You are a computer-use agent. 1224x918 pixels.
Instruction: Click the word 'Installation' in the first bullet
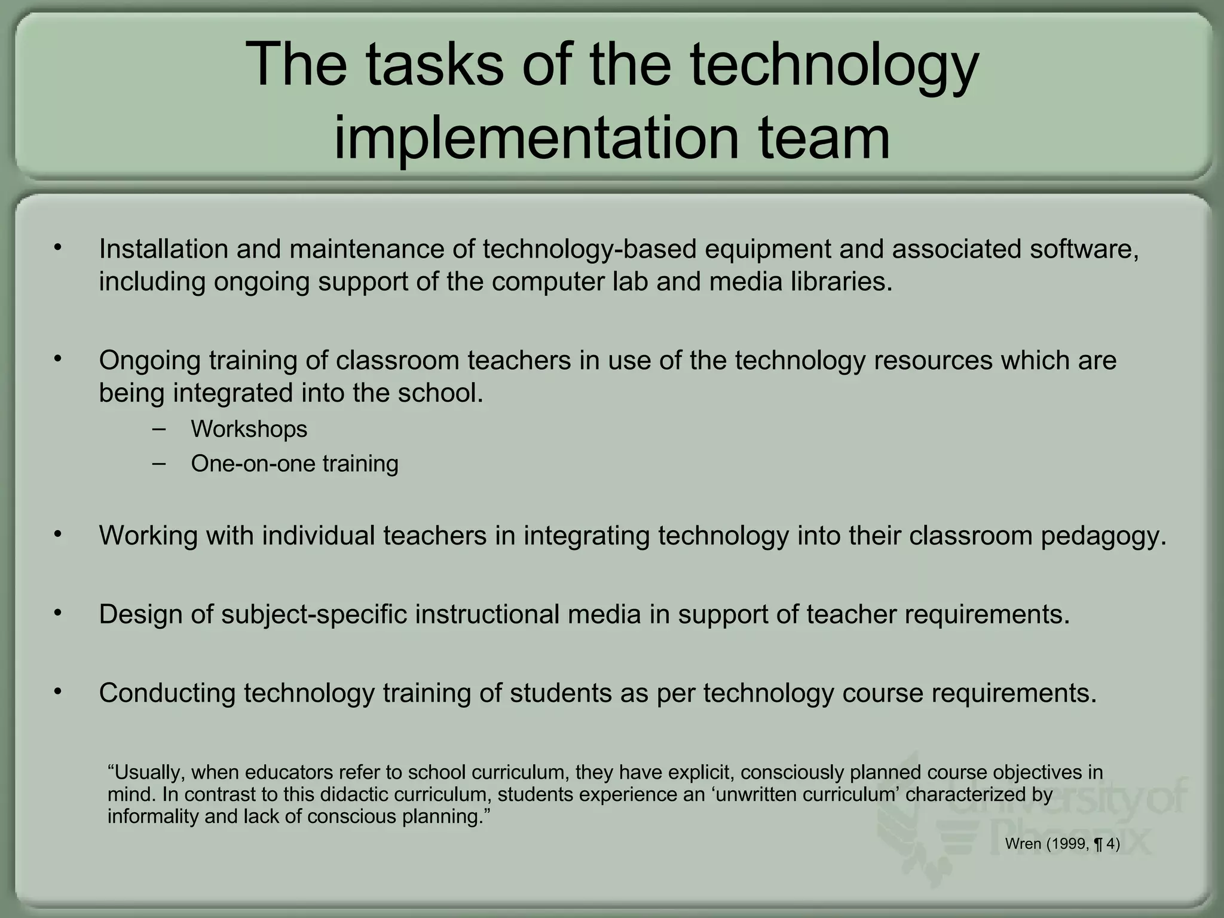point(163,249)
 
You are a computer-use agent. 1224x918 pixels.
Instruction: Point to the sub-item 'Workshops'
point(249,429)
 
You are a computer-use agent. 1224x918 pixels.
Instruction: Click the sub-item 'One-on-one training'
point(294,464)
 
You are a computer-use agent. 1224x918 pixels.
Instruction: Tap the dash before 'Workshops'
point(159,429)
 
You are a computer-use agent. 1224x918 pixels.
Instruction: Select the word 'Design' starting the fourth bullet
point(140,614)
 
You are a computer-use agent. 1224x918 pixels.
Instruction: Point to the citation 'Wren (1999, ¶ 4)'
point(1062,844)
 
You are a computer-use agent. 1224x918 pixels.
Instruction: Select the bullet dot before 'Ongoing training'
point(57,359)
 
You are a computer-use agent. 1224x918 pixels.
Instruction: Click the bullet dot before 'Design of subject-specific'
point(57,613)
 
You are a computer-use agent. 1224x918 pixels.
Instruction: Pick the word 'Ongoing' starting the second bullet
point(149,361)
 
